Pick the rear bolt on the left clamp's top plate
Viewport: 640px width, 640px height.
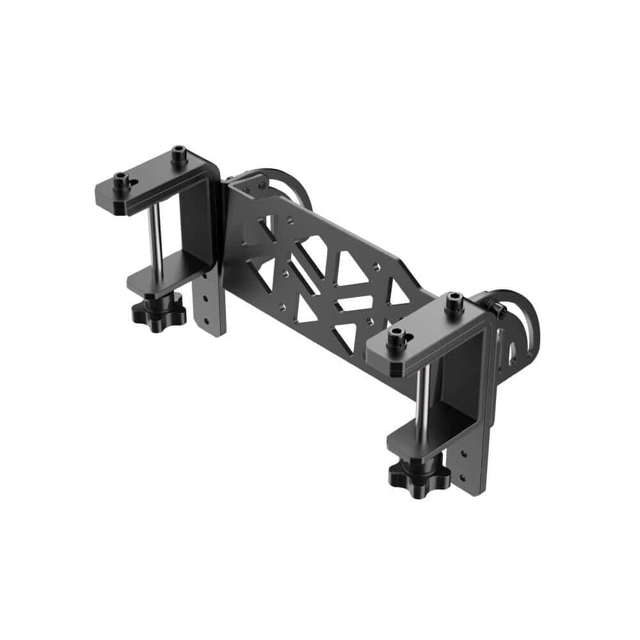(x=178, y=155)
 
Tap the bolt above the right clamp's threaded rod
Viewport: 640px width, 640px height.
(x=396, y=337)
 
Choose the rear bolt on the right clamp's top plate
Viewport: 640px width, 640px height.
(x=454, y=301)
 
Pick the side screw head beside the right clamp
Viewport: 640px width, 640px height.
(x=499, y=312)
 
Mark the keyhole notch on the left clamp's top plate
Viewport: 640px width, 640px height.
(x=132, y=183)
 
